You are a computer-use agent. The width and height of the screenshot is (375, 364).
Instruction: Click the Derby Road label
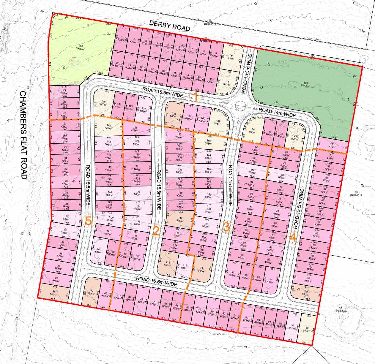[x=169, y=26]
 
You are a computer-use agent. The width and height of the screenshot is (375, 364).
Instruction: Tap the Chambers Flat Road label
[x=24, y=135]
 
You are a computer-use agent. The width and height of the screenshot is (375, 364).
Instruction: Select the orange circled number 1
[x=196, y=96]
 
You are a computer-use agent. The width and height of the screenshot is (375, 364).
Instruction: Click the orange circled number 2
[x=156, y=231]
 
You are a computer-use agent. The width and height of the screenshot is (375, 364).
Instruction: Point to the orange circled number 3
[x=226, y=227]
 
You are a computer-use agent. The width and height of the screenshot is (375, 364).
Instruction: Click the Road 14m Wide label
[x=277, y=112]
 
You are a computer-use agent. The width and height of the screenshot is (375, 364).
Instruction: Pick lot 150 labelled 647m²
[x=103, y=103]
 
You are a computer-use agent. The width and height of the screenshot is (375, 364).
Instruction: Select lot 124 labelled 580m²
[x=174, y=114]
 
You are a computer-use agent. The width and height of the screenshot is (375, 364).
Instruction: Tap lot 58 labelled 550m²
[x=306, y=292]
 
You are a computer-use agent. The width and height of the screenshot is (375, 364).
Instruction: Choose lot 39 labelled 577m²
[x=92, y=292]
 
